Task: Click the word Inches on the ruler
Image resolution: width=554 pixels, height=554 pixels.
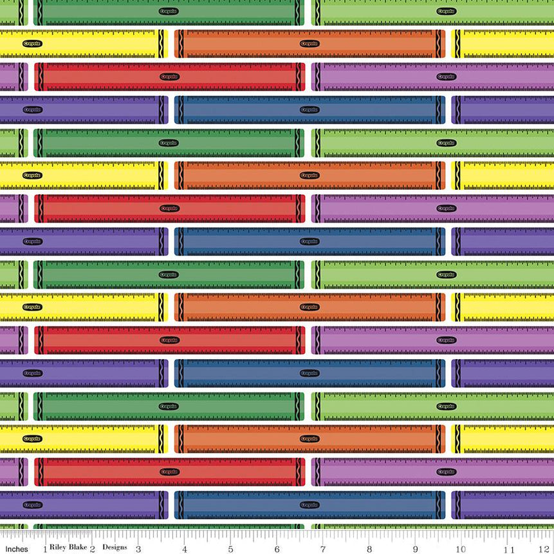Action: [x=17, y=549]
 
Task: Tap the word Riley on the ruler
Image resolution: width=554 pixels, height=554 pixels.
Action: [x=60, y=548]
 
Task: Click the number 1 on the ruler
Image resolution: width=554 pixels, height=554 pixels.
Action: [x=44, y=549]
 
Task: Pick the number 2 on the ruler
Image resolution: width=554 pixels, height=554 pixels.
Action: [x=92, y=549]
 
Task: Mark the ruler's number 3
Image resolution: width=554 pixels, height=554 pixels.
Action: [x=138, y=549]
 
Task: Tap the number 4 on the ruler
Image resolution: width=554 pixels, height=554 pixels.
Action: [x=185, y=549]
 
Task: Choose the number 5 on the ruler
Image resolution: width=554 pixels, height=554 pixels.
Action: [x=230, y=549]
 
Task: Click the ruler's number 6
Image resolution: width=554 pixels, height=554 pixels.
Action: [x=277, y=549]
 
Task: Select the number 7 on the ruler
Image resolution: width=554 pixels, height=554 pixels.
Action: [x=323, y=549]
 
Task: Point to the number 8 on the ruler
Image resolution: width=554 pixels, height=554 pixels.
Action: [x=369, y=549]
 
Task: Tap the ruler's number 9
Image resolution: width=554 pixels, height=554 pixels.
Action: [x=416, y=549]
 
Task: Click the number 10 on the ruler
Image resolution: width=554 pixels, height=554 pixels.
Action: [x=461, y=549]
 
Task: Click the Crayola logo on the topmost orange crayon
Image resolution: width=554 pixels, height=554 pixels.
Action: [x=309, y=44]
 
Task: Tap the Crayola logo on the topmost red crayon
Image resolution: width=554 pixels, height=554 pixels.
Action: [x=169, y=77]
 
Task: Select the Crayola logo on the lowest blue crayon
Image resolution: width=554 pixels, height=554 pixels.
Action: [x=309, y=504]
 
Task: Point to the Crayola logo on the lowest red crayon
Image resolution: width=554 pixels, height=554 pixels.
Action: [x=169, y=472]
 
